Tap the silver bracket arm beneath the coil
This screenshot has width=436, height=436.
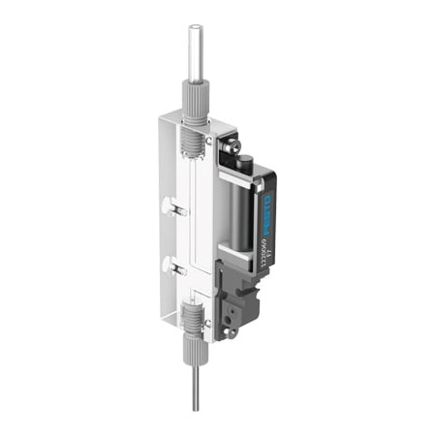[233, 253]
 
